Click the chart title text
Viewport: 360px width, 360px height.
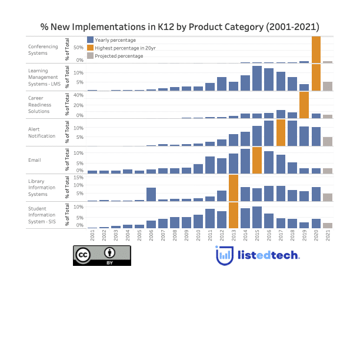(179, 27)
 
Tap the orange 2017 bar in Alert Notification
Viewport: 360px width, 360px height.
(281, 133)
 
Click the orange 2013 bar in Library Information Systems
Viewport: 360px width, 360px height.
(234, 188)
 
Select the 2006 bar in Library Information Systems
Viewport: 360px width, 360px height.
(151, 195)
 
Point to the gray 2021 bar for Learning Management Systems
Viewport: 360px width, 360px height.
(328, 86)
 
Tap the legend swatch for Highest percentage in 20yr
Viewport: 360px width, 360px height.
(90, 48)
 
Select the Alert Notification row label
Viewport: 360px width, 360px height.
(42, 132)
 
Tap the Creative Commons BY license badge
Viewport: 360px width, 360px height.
(102, 255)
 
